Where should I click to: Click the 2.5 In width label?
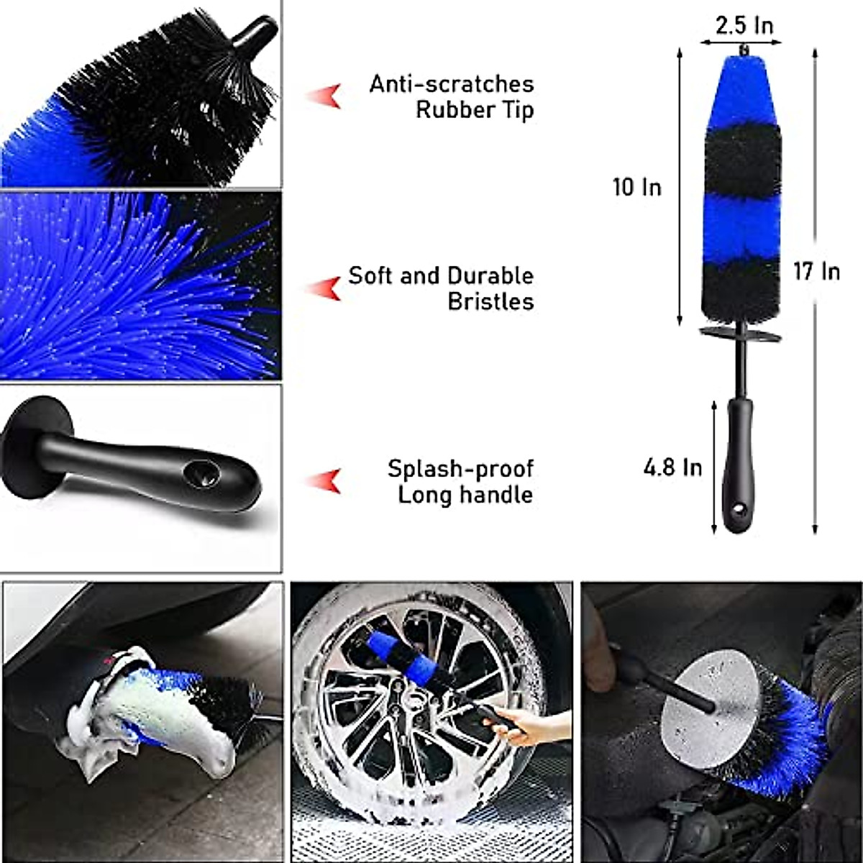coord(744,26)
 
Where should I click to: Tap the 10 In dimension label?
coord(636,188)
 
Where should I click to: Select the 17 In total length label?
coord(816,271)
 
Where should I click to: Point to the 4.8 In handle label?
coord(672,467)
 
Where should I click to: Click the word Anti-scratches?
coord(452,84)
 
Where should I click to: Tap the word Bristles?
coord(490,301)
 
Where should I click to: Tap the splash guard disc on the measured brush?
coord(740,335)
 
